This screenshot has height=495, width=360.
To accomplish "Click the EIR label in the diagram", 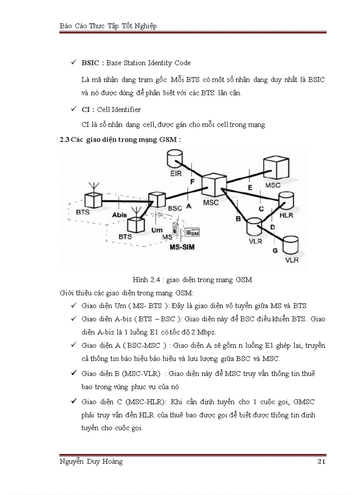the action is pos(176,174).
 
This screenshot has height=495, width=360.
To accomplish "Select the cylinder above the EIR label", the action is pos(175,158).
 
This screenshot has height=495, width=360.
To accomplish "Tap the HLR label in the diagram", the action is pos(286,216).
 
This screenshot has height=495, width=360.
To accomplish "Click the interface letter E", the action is pos(250,187).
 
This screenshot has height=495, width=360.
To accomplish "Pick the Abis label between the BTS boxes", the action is pos(120,215).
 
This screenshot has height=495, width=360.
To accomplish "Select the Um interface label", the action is pos(157,230).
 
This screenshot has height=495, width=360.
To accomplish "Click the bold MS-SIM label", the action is pos(182,247).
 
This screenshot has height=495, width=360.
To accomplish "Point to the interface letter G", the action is pos(275,250).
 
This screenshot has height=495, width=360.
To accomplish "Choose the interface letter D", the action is pos(272,227).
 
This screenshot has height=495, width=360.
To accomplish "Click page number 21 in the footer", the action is pos(321,462).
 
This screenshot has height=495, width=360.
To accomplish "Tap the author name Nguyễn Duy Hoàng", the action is pos(91,462).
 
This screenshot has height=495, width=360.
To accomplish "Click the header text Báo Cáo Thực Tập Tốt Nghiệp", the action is pos(108,26).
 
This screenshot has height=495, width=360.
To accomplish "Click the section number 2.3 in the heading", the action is pos(64,140).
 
